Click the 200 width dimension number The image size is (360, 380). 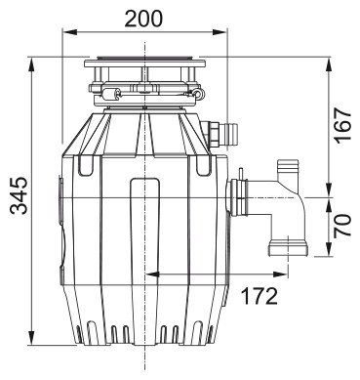click(143, 19)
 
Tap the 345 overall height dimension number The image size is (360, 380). click(19, 195)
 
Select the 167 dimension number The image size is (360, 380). click(343, 126)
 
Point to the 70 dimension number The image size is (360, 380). click(343, 225)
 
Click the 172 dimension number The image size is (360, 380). click(260, 296)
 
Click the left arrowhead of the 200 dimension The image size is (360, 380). click(69, 32)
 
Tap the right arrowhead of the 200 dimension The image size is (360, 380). click(220, 32)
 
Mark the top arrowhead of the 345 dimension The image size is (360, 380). click(32, 64)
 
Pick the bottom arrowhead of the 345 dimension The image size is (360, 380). click(32, 337)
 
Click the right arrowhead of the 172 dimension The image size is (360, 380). click(281, 274)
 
